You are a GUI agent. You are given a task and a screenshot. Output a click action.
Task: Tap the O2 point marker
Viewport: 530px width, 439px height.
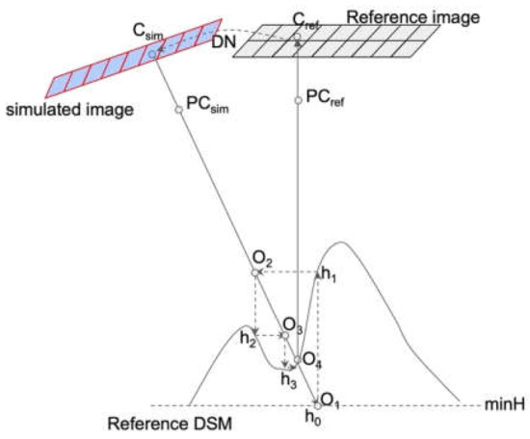coord(256,273)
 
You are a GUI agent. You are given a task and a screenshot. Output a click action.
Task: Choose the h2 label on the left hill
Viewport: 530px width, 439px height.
coord(249,338)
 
